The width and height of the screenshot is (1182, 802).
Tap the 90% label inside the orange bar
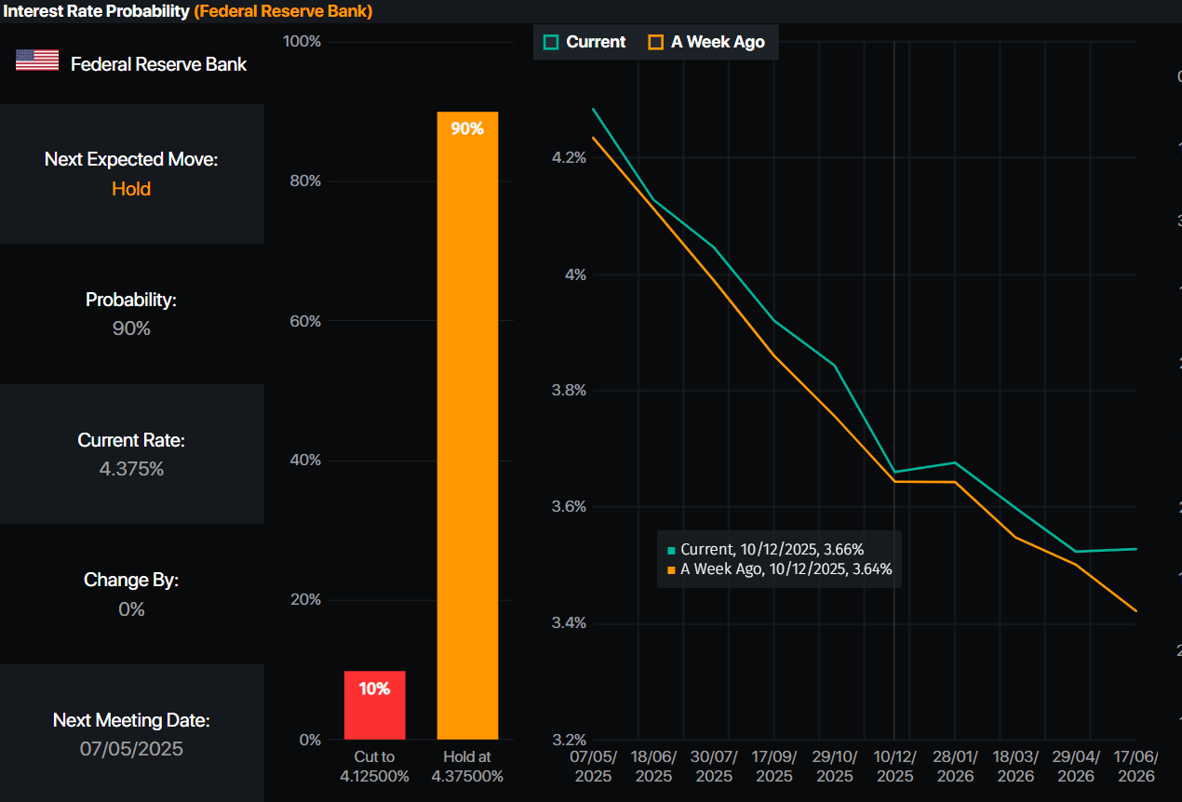(467, 128)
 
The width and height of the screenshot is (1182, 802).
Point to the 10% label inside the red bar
(374, 688)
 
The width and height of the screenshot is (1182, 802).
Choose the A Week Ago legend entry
(706, 42)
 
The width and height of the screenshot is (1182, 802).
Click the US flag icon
(37, 61)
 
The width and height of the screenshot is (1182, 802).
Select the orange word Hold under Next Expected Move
(131, 189)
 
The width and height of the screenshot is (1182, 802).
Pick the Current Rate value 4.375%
(131, 469)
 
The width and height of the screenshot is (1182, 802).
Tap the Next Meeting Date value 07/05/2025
(131, 749)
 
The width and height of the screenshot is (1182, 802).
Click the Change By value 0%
(131, 609)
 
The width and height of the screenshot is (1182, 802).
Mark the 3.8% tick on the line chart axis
(569, 391)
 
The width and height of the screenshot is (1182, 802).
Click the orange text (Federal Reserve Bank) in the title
(283, 11)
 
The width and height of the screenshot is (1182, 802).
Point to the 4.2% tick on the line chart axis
(569, 158)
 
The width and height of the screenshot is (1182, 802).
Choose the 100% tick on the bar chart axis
(302, 42)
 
